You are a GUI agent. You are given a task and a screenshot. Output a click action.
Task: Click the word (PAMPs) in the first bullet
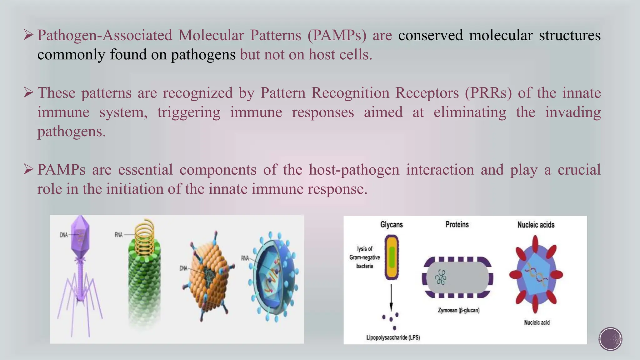pos(337,35)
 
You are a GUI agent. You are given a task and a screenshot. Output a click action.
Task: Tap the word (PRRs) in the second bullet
pos(488,93)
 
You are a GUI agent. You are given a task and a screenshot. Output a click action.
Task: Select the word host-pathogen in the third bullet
pos(354,170)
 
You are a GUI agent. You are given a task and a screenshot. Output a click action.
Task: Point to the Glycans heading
pos(391,224)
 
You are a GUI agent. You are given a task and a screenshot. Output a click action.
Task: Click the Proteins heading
pos(457,224)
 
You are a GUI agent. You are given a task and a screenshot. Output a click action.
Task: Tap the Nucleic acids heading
pos(536,225)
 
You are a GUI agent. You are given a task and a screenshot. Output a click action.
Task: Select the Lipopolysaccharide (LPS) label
pos(393,337)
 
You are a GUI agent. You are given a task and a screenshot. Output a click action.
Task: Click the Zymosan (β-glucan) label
pos(458,310)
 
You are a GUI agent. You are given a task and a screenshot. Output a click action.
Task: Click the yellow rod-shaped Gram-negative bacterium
pos(392,257)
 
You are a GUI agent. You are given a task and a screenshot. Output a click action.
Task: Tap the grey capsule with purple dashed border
pos(457,277)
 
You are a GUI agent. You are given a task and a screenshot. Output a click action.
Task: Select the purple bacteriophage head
pos(80,234)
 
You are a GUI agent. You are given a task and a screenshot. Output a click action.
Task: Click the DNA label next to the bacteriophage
pos(63,235)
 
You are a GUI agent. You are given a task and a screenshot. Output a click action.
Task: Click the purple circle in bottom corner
pos(610,339)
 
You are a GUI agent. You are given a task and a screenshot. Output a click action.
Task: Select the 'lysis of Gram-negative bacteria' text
pos(365,257)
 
